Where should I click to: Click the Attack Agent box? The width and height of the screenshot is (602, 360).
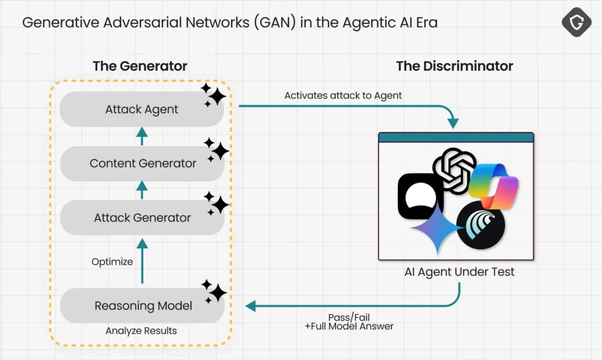point(142,109)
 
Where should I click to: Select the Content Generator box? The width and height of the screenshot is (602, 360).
point(142,164)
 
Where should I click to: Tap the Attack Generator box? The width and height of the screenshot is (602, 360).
point(142,218)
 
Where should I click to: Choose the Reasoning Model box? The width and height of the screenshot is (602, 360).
point(142,306)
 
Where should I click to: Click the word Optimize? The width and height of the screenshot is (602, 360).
point(112,262)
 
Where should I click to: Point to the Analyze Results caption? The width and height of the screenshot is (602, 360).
point(141,331)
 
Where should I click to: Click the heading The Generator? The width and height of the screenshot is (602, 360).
point(140,66)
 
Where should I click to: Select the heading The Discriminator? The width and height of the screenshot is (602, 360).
point(454,66)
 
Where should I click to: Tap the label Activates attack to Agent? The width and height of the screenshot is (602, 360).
point(343,95)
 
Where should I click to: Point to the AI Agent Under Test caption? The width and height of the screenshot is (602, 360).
point(459,272)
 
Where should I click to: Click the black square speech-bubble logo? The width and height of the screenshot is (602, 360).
point(420,196)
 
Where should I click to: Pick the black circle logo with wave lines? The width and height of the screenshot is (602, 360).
point(480,225)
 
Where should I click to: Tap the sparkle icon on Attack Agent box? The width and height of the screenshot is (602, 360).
point(213,95)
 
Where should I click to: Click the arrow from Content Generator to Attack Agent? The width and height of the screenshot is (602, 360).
point(142,136)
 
